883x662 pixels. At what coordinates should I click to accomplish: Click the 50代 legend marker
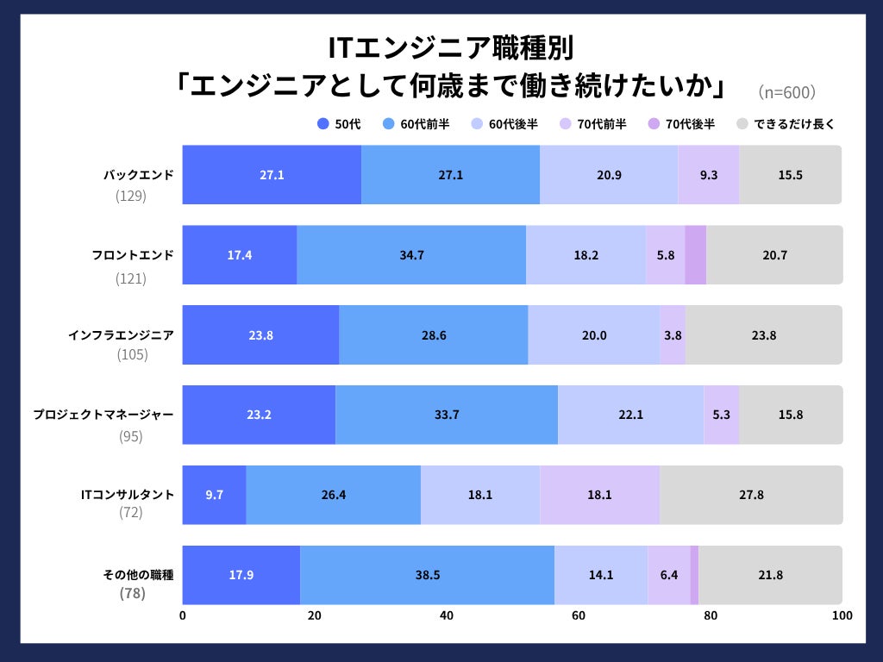click(324, 124)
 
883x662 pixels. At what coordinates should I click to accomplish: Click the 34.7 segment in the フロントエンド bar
click(411, 255)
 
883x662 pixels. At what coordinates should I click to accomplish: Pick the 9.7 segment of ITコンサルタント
click(214, 495)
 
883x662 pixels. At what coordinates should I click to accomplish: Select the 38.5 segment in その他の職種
click(427, 575)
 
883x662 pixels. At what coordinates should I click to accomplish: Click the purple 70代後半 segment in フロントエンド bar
click(695, 255)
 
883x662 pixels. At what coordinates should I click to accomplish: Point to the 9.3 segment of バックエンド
click(708, 175)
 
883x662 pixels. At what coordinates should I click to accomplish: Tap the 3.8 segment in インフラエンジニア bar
click(673, 335)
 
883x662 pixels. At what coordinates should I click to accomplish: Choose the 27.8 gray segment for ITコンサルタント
click(751, 495)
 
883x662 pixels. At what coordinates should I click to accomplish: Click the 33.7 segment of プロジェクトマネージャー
click(447, 415)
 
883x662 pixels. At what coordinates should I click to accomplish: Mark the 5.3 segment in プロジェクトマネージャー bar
click(722, 415)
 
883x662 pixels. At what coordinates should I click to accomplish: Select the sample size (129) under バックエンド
click(131, 196)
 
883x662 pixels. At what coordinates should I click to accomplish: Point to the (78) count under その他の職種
click(131, 594)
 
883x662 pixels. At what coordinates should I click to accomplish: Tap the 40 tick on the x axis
click(447, 615)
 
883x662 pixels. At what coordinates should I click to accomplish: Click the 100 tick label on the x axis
click(842, 615)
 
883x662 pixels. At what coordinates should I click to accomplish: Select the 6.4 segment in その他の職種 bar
click(668, 575)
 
